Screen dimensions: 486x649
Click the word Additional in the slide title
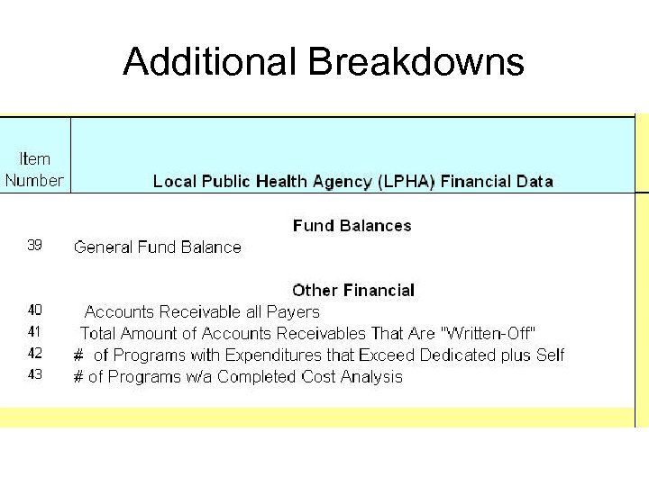point(211,62)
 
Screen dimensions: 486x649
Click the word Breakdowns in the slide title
point(416,62)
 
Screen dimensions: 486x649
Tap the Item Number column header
point(34,169)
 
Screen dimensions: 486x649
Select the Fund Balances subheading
point(352,226)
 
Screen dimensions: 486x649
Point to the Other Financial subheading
point(353,291)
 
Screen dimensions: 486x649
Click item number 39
point(34,245)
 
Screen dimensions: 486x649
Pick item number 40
point(34,310)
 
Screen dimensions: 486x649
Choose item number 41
point(34,332)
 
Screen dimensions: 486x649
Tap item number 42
point(34,354)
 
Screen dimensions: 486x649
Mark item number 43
point(34,375)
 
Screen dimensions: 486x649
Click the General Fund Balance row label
point(158,247)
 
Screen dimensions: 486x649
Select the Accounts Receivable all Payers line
point(202,312)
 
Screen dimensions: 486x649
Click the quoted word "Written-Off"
point(487,334)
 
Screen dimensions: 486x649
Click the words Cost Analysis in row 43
point(358,377)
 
